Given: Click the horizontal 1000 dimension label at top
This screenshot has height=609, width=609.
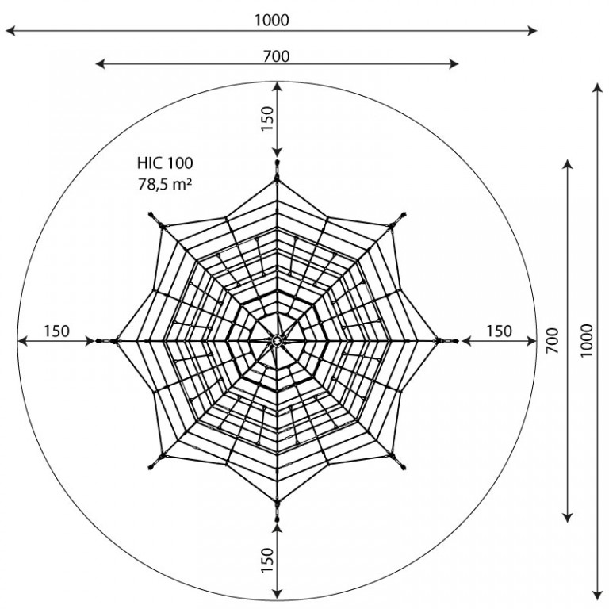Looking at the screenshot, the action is click(272, 20).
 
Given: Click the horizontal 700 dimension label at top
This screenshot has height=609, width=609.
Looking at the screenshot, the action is click(277, 57).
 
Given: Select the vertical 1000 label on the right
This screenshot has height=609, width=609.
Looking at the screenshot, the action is click(587, 341).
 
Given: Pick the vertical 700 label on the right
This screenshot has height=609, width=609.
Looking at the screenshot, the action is click(552, 341).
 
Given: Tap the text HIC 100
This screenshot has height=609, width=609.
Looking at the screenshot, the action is click(165, 163).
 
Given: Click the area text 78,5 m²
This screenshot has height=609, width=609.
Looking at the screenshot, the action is click(165, 184).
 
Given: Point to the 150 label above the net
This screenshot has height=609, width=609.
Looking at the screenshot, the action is click(267, 119).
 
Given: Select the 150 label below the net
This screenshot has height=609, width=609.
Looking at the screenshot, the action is click(267, 560).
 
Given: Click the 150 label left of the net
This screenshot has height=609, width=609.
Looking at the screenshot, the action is click(57, 331).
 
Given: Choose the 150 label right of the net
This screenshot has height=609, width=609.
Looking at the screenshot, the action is click(499, 331).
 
